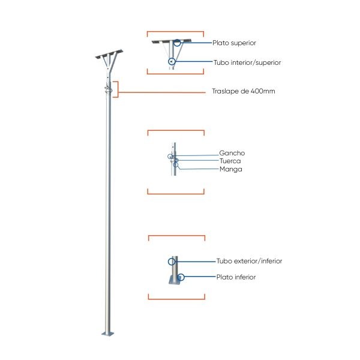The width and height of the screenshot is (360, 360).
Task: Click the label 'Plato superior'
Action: (x=234, y=43)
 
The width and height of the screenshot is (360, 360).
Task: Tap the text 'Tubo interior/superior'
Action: (x=247, y=62)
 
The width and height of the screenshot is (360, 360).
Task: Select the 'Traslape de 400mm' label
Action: (x=244, y=91)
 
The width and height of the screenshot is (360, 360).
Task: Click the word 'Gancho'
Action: (x=232, y=153)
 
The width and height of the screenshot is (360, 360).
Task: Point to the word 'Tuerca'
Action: (x=230, y=161)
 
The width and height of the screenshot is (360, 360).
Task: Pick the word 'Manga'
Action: (x=231, y=169)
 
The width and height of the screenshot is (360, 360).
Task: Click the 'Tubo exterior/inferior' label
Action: (x=249, y=261)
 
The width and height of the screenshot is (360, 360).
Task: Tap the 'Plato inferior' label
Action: (x=236, y=277)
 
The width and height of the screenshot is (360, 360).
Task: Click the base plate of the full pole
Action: (x=107, y=334)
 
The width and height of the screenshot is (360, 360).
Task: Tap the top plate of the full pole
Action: (x=109, y=54)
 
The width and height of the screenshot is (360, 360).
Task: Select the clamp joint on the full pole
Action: (x=109, y=90)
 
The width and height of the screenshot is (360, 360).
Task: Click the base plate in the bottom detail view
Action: (x=175, y=280)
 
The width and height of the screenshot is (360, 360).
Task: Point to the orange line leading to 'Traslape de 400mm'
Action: (x=162, y=92)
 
